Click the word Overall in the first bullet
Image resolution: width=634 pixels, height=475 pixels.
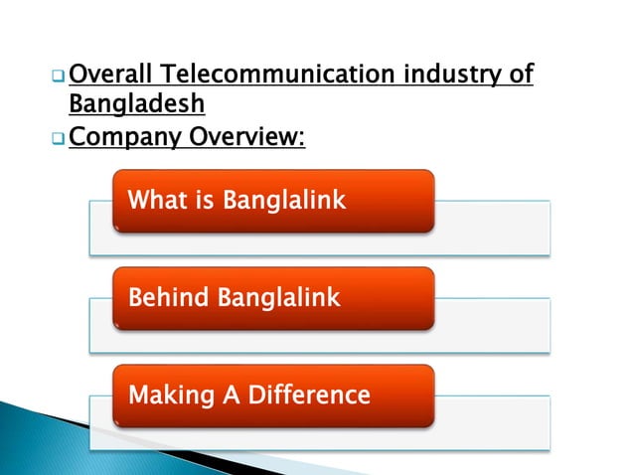pyautogui.click(x=112, y=75)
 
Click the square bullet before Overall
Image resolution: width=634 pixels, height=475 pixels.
pyautogui.click(x=59, y=77)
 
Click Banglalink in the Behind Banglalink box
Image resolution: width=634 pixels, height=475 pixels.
pyautogui.click(x=273, y=296)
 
